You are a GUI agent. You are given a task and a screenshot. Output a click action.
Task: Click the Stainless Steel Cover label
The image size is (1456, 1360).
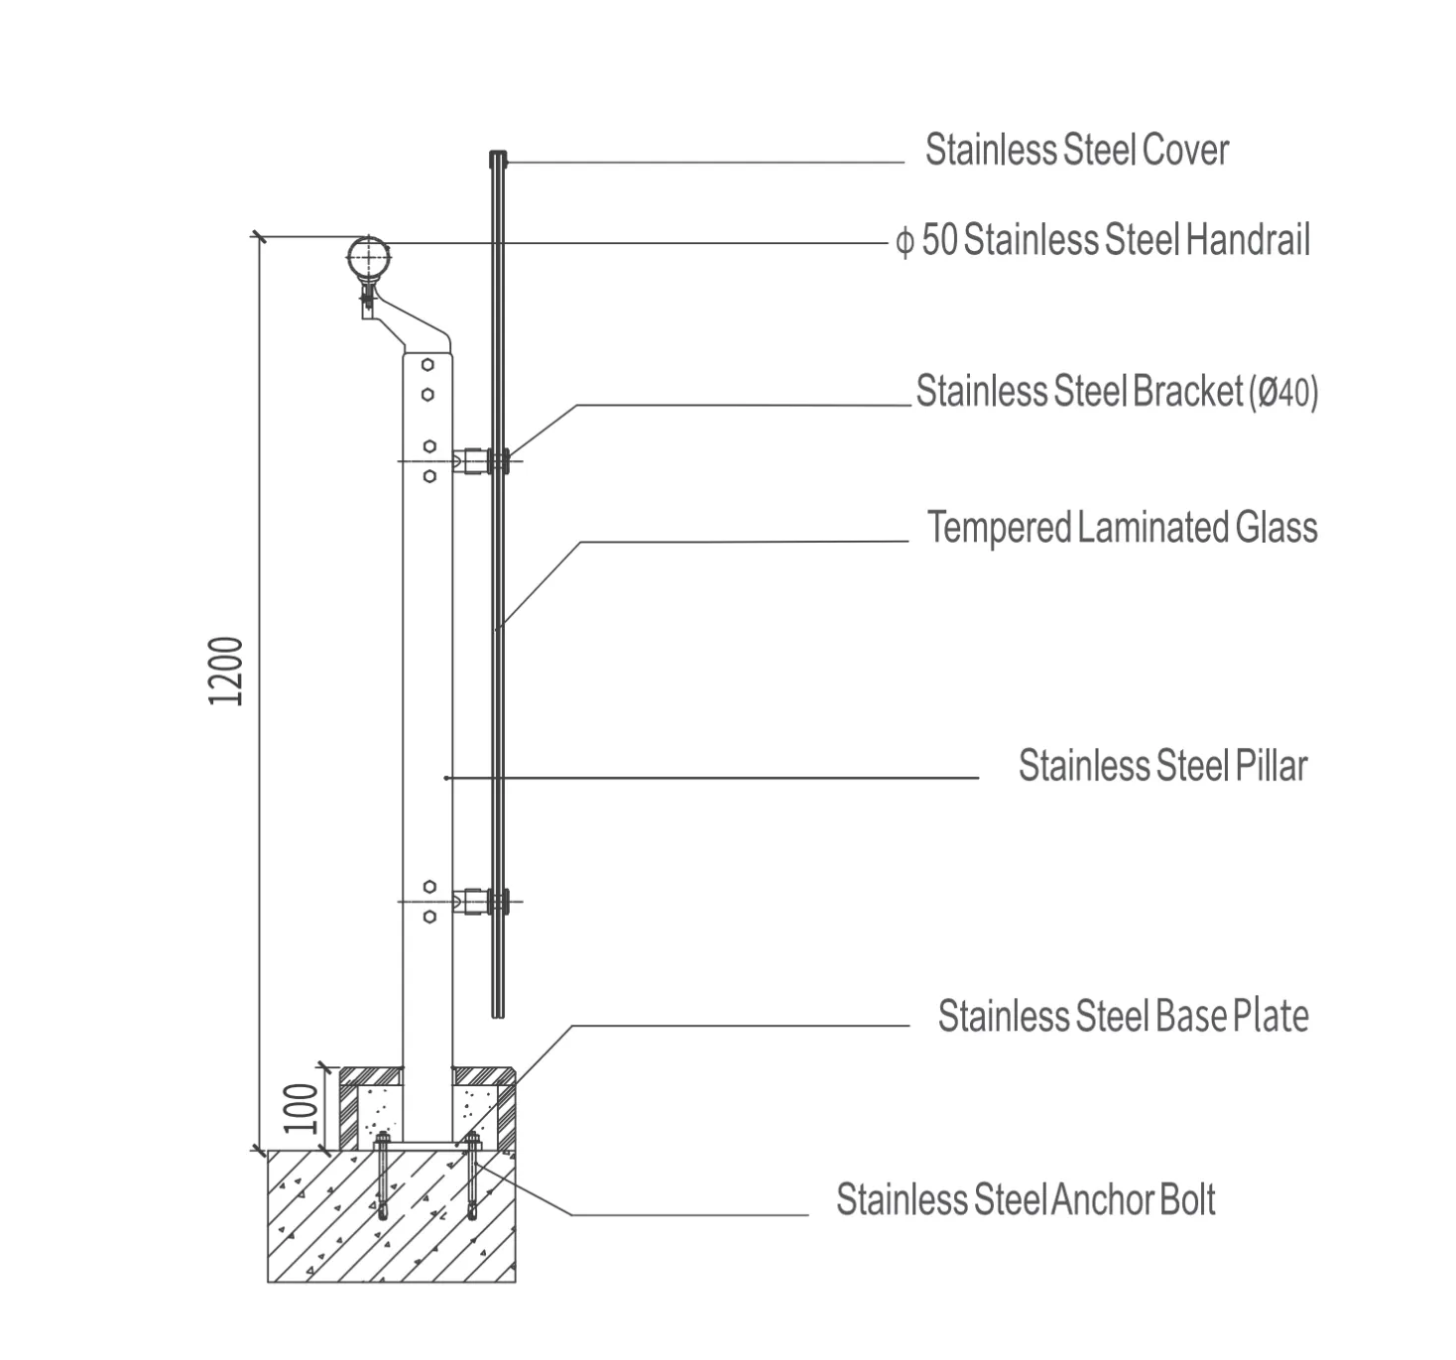pyautogui.click(x=1076, y=151)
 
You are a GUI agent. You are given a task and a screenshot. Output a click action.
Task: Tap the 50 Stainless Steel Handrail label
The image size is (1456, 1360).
pyautogui.click(x=1115, y=240)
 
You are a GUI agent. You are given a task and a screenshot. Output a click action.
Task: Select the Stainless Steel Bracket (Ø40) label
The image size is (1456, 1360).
pyautogui.click(x=1117, y=391)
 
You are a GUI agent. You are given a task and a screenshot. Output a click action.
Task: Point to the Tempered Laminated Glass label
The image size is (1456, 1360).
pyautogui.click(x=1122, y=528)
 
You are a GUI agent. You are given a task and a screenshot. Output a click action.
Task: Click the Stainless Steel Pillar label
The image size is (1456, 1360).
pyautogui.click(x=1162, y=766)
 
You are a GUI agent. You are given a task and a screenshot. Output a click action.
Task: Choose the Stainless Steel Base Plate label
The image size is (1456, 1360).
pyautogui.click(x=1123, y=1016)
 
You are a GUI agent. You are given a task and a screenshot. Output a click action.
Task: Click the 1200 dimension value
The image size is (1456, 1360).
pyautogui.click(x=225, y=672)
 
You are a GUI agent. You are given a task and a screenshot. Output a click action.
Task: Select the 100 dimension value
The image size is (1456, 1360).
pyautogui.click(x=301, y=1108)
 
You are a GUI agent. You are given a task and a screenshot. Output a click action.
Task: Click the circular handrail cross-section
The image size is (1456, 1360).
pyautogui.click(x=369, y=258)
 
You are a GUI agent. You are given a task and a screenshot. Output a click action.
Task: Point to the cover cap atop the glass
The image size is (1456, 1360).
pyautogui.click(x=498, y=159)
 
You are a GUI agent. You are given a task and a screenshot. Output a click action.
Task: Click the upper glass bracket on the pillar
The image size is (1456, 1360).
pyautogui.click(x=481, y=461)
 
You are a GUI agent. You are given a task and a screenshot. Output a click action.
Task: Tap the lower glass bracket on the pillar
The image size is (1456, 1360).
pyautogui.click(x=481, y=902)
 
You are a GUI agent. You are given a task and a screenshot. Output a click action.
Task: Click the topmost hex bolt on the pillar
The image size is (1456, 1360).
pyautogui.click(x=427, y=365)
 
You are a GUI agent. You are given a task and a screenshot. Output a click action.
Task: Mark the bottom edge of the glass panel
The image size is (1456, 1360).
pyautogui.click(x=498, y=1017)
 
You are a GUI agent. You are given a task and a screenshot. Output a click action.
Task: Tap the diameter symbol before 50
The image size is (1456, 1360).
pyautogui.click(x=905, y=242)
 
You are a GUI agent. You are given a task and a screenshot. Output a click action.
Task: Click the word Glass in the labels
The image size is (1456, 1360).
pyautogui.click(x=1275, y=528)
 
